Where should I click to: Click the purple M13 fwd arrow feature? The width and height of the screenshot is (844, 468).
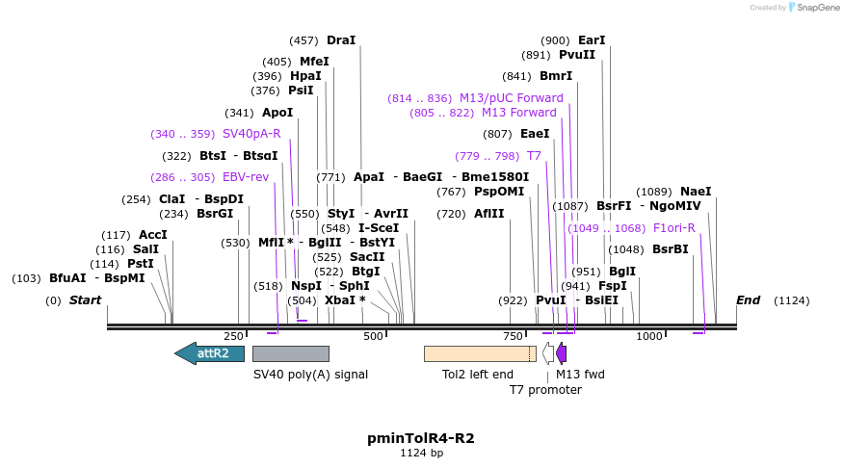(561, 353)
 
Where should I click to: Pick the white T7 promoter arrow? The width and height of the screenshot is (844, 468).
(548, 353)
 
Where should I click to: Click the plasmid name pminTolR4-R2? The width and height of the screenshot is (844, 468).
(421, 438)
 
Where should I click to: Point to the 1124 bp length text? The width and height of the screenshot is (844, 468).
(421, 453)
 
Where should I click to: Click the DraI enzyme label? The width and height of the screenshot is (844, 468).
(341, 40)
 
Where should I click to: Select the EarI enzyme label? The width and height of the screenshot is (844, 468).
(592, 40)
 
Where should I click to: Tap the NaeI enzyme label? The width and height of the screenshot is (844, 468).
(696, 192)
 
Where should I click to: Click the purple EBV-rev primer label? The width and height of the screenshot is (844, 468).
(246, 177)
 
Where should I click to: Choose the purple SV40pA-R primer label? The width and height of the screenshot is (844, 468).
(251, 134)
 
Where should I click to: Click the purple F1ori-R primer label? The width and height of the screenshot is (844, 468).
(673, 228)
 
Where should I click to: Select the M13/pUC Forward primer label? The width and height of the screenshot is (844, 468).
(511, 98)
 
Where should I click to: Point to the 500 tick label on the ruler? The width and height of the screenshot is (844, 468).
(373, 336)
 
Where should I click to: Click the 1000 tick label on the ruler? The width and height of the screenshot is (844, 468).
(649, 336)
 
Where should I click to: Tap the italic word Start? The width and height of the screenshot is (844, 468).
(85, 300)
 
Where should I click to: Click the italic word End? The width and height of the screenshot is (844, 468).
(748, 300)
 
